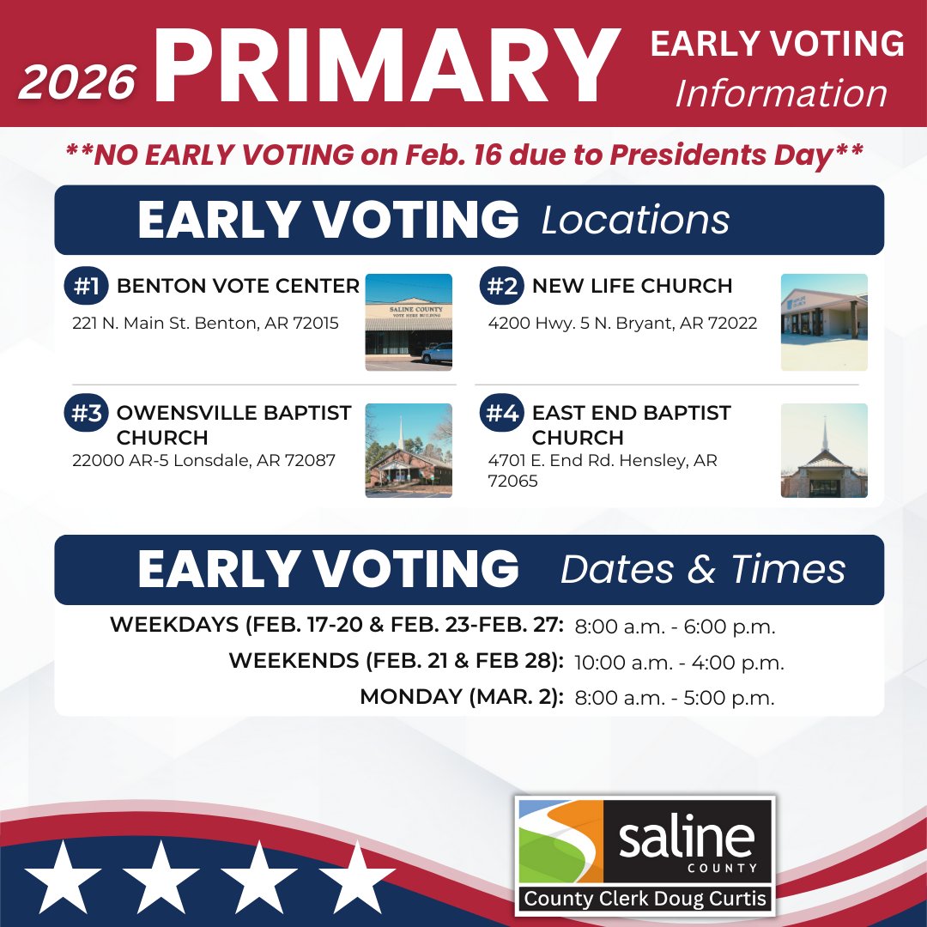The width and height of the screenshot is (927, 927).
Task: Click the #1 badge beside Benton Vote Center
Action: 86,287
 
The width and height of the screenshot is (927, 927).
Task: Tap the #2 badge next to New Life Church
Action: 501,287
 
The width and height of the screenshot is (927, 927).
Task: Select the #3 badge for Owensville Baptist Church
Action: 86,414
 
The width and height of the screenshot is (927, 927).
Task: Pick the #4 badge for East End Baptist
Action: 501,414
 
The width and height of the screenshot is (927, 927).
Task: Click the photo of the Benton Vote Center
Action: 409,322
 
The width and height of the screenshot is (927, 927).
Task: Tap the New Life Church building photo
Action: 824,322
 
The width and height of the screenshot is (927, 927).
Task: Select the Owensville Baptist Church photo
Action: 409,451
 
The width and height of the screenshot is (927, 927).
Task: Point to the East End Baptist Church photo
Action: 824,451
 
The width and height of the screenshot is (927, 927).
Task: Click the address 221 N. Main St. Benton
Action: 205,324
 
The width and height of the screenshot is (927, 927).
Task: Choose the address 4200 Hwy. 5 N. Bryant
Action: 622,324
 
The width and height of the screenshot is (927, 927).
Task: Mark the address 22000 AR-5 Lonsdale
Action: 203,460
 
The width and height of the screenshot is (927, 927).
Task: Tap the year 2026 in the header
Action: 77,82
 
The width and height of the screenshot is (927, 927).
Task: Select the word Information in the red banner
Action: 781,94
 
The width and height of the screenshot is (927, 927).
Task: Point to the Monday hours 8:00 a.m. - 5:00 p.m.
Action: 674,698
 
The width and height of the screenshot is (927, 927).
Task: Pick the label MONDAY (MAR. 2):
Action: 462,698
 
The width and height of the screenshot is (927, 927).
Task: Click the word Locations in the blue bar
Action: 635,221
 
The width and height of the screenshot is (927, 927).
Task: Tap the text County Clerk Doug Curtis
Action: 645,900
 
